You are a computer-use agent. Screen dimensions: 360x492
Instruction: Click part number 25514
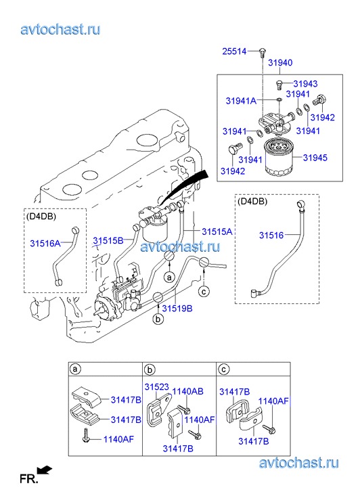point(234,51)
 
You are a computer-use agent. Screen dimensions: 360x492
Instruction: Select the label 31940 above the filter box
point(280,63)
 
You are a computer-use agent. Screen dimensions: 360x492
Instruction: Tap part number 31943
point(305,84)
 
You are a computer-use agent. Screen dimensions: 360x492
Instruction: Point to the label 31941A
point(241,101)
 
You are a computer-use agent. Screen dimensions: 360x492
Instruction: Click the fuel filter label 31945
point(315,158)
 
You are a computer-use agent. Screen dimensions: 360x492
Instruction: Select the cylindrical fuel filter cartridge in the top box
point(278,157)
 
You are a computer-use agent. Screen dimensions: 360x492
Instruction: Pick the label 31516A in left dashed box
point(45,243)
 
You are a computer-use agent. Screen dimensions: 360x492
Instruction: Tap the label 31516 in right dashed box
point(271,235)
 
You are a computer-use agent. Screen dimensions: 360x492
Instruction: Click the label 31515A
point(217,231)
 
